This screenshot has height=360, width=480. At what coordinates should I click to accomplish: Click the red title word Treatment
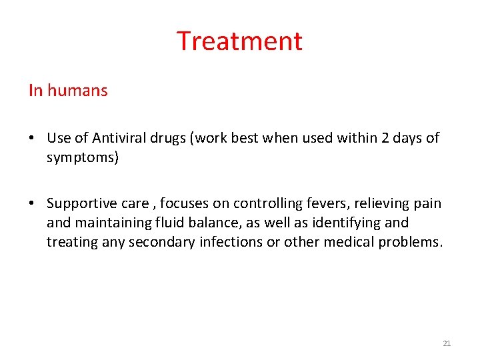tap(239, 41)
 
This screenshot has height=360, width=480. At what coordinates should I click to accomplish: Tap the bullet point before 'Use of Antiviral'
tap(32, 138)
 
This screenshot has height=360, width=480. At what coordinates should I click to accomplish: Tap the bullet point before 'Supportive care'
tap(32, 203)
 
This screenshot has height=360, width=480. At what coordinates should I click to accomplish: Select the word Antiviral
tap(117, 138)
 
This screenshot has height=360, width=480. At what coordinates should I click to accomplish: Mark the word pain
tap(427, 203)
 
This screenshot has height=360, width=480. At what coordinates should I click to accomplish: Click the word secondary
tap(162, 241)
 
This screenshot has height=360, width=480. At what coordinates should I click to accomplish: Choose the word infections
tap(231, 241)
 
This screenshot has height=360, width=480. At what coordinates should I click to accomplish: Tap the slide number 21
tap(447, 343)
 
